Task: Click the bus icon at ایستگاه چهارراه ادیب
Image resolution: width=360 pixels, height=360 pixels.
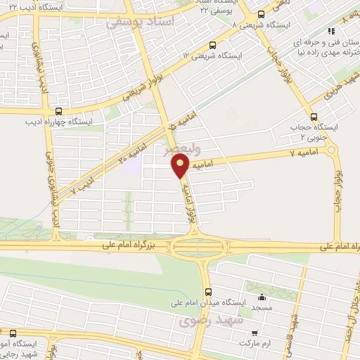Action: (58, 111)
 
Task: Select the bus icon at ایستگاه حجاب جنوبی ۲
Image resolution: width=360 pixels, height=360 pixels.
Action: (314, 117)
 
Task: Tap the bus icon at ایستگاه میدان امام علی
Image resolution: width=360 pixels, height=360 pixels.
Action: (207, 291)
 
